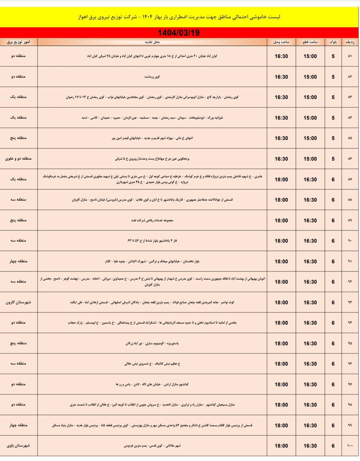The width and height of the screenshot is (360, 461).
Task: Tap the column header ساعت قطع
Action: (x=310, y=42)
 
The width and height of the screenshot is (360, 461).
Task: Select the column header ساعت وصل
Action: (x=281, y=42)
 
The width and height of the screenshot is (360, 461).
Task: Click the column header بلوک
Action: (x=333, y=42)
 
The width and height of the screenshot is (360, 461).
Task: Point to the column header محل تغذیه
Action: (x=152, y=42)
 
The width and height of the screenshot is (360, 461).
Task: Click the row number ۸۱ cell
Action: (x=350, y=56)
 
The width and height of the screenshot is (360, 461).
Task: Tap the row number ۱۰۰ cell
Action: (x=350, y=446)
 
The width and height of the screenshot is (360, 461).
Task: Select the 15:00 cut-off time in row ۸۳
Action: (x=310, y=97)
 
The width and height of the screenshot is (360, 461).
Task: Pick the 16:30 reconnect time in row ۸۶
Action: (x=281, y=159)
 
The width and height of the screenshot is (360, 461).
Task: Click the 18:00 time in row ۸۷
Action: (x=281, y=179)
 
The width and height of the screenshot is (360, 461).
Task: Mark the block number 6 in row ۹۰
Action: (x=333, y=241)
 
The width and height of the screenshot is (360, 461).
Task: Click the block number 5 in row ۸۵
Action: (x=333, y=138)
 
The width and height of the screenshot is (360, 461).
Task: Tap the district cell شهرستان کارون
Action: (x=18, y=302)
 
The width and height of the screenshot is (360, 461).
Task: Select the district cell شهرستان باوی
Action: (x=18, y=446)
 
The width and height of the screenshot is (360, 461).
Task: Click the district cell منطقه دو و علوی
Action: (x=18, y=158)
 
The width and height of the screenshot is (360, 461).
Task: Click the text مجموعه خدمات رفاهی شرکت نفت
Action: (x=152, y=220)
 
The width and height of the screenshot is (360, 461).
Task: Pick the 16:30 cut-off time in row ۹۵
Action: (x=310, y=344)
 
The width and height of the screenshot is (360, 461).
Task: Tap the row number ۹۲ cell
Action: (x=350, y=282)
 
